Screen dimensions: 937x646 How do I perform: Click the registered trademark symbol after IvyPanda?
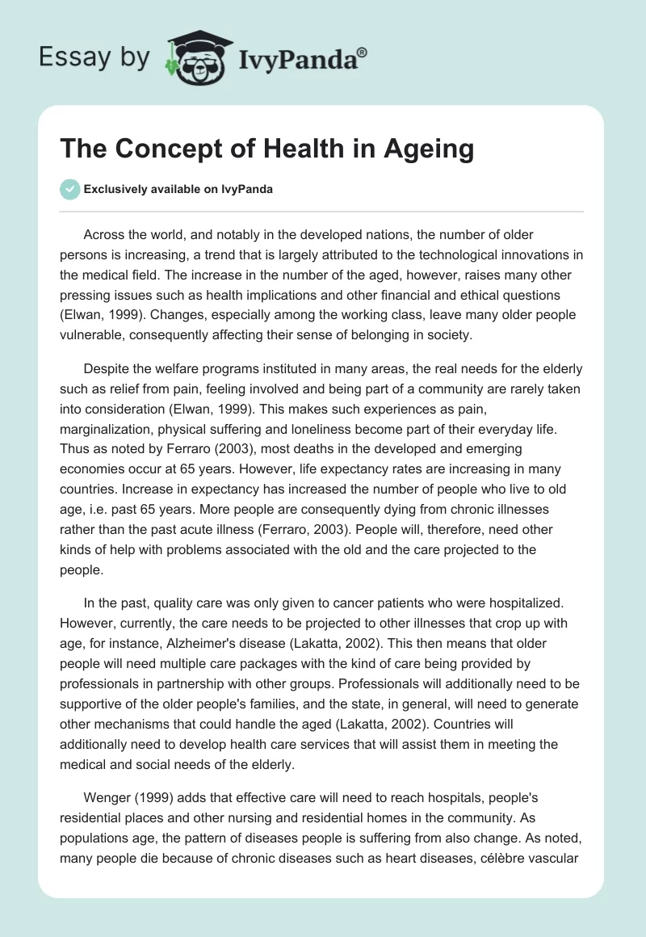click(363, 51)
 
